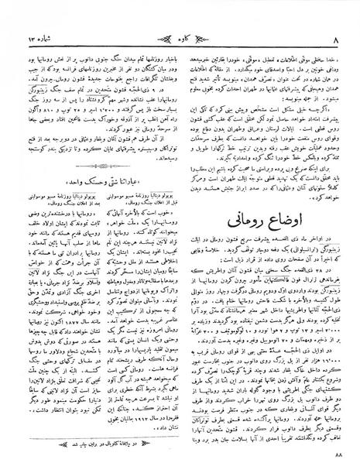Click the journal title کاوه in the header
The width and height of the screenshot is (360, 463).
[x=180, y=12]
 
